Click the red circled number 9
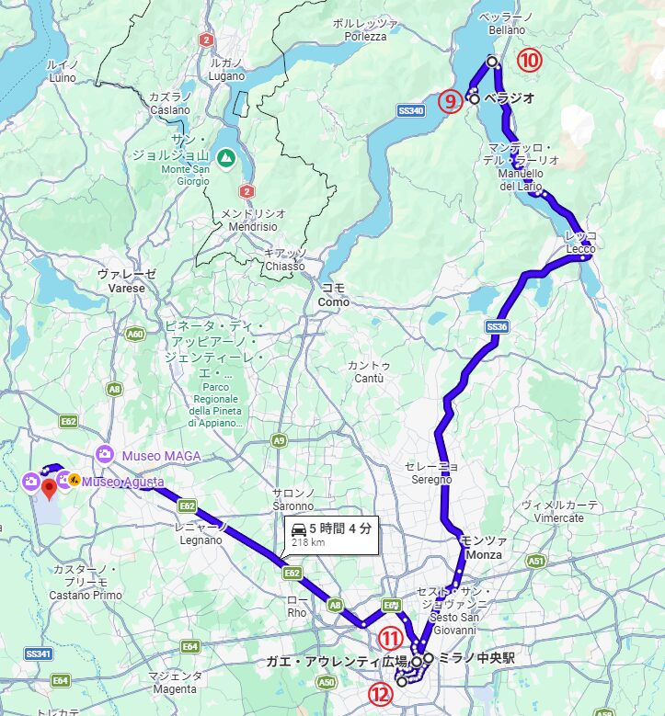[x=450, y=101]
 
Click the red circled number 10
[x=528, y=61]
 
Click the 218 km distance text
[x=309, y=542]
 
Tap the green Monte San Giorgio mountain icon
[x=225, y=158]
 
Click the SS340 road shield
[x=410, y=110]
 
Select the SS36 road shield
[x=497, y=326]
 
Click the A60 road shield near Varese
[x=135, y=335]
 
